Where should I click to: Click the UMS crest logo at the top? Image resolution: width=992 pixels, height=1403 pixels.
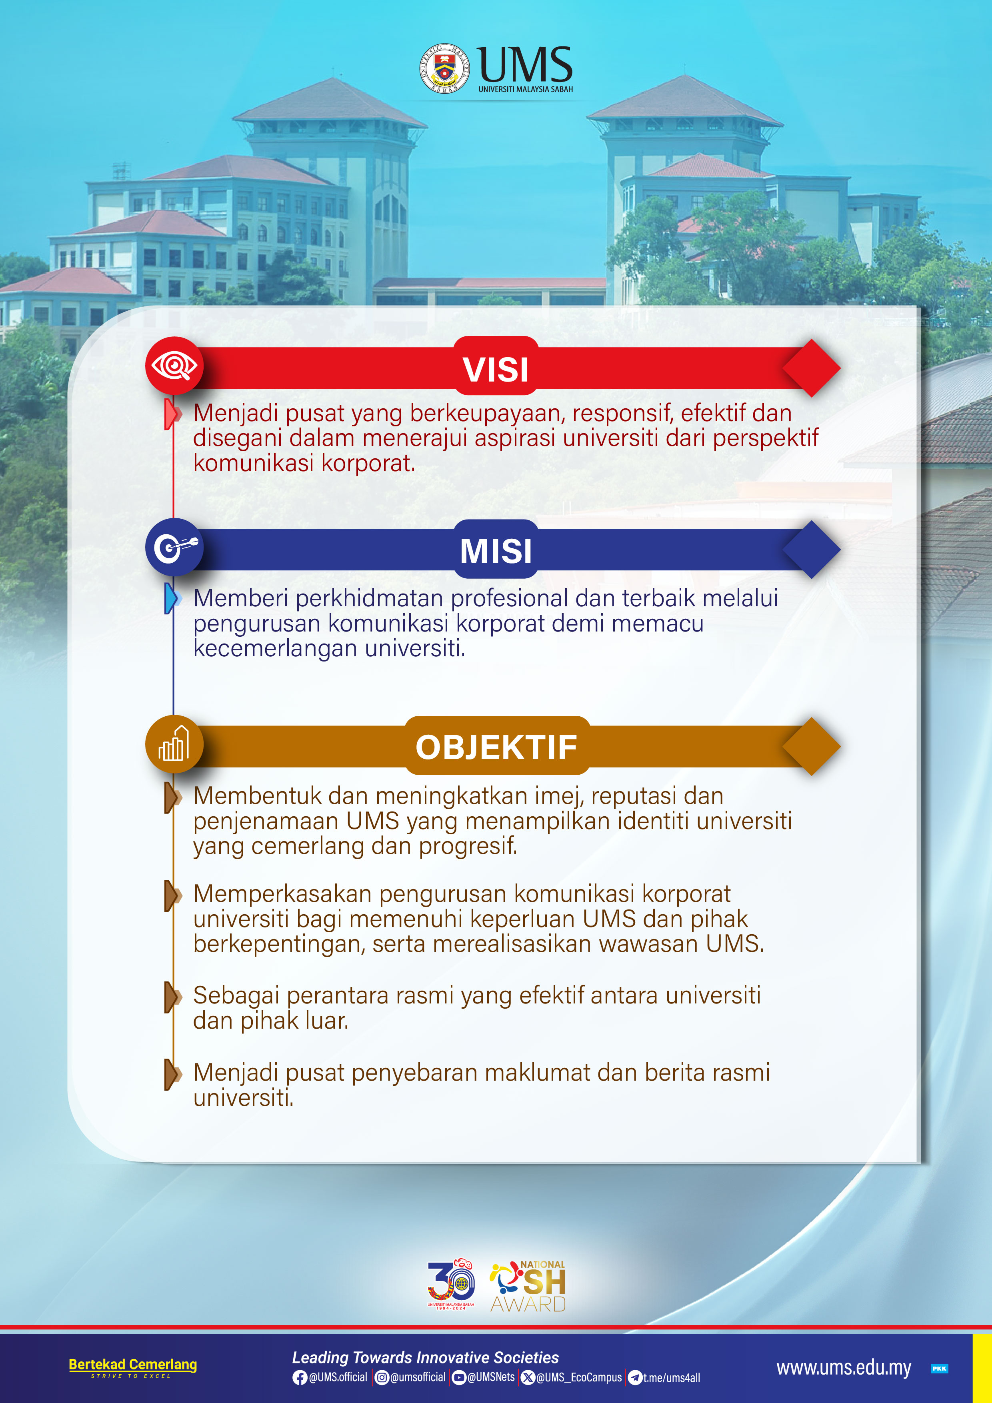point(444,68)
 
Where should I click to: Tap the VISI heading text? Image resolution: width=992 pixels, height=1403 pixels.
point(496,370)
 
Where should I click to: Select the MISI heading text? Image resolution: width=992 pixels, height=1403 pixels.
point(496,551)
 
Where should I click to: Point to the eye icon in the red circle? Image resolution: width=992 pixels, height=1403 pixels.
point(174,366)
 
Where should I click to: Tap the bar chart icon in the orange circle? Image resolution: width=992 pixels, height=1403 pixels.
point(174,743)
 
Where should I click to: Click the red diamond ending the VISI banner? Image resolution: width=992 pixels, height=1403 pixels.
point(812,368)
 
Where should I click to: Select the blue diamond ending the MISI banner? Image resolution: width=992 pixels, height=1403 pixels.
point(812,550)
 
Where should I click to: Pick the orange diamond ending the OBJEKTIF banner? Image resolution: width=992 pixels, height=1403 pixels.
point(812,746)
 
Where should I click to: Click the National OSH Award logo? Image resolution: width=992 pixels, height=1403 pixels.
point(528,1286)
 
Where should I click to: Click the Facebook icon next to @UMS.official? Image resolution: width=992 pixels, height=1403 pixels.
point(300,1377)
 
